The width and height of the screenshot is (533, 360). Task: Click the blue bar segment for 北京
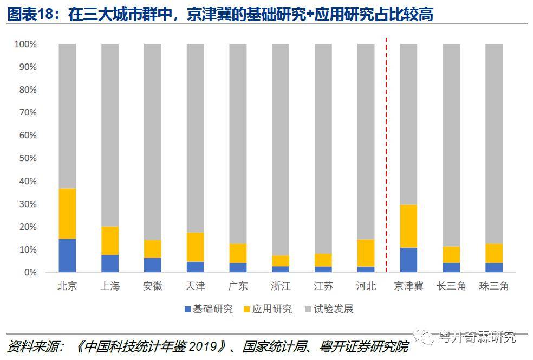[67, 255]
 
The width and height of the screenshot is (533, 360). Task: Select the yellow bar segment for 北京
[67, 214]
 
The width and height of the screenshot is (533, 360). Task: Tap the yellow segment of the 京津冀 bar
[408, 226]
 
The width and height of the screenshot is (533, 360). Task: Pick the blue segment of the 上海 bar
[110, 263]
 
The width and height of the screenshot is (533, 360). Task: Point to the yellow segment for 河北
[366, 253]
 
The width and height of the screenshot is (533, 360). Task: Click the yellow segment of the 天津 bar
[195, 247]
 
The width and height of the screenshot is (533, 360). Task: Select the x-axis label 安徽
[153, 286]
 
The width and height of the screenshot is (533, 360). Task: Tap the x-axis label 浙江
[281, 286]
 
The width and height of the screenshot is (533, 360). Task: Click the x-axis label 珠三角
[493, 286]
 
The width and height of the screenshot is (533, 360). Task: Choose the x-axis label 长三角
[451, 286]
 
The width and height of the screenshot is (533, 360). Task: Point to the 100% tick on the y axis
[25, 44]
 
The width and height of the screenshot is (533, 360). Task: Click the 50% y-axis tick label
[27, 158]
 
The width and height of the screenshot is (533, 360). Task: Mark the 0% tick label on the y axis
[30, 273]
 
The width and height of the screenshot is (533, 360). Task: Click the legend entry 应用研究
[267, 309]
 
